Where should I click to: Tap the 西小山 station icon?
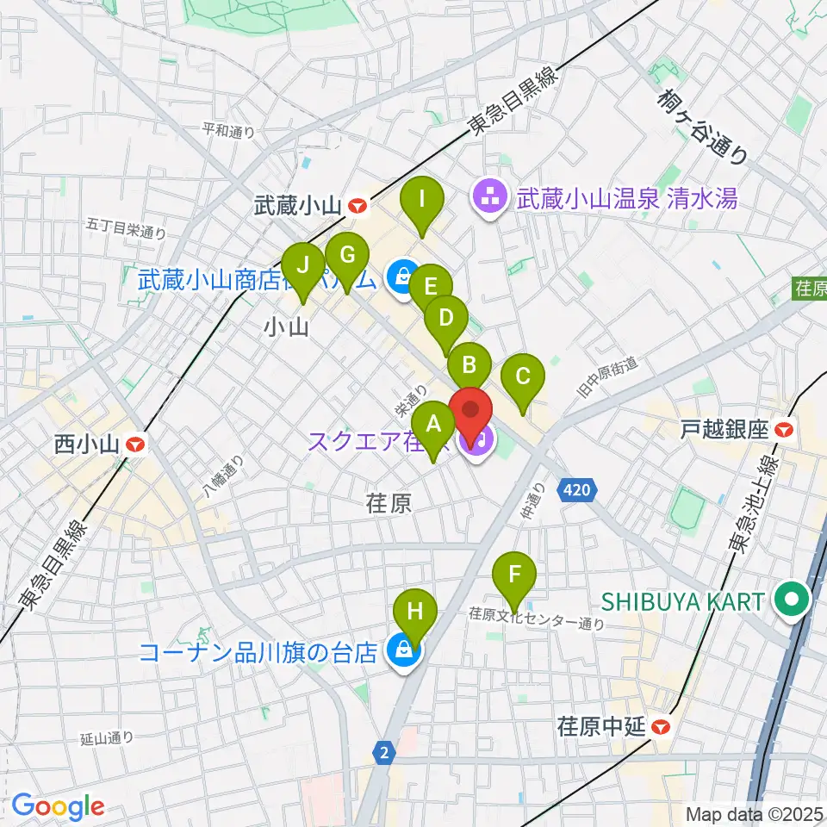[x=136, y=445]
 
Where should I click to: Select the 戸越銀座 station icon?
[x=784, y=428]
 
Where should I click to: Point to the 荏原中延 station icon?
[x=661, y=727]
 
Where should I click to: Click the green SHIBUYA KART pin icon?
[x=789, y=600]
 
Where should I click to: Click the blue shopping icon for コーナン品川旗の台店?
[x=401, y=652]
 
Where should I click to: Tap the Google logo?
[x=58, y=807]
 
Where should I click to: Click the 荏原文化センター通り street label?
[x=535, y=620]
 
